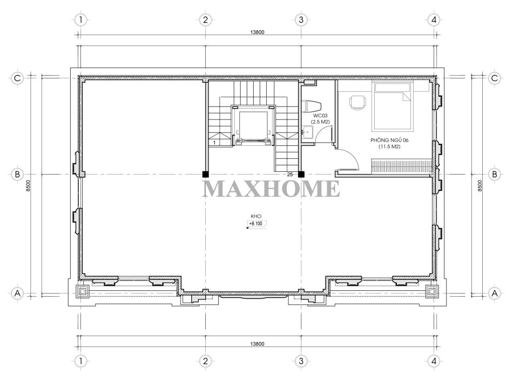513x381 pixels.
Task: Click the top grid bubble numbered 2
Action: [x=205, y=19]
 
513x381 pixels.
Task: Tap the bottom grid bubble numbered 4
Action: [x=434, y=361]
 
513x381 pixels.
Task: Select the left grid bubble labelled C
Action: [x=17, y=78]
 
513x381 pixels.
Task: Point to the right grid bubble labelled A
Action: [x=494, y=293]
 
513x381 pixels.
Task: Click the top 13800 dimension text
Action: [x=257, y=32]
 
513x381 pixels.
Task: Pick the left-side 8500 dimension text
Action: [x=28, y=185]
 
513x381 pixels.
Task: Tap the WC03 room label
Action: [x=320, y=116]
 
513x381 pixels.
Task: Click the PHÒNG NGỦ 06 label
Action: [x=389, y=140]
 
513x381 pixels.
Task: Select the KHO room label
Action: [x=256, y=216]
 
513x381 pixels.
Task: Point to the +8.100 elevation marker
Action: [x=256, y=224]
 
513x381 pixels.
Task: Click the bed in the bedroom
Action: [x=393, y=106]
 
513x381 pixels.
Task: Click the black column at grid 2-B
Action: [x=205, y=174]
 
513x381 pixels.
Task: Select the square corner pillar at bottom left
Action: [x=82, y=291]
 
